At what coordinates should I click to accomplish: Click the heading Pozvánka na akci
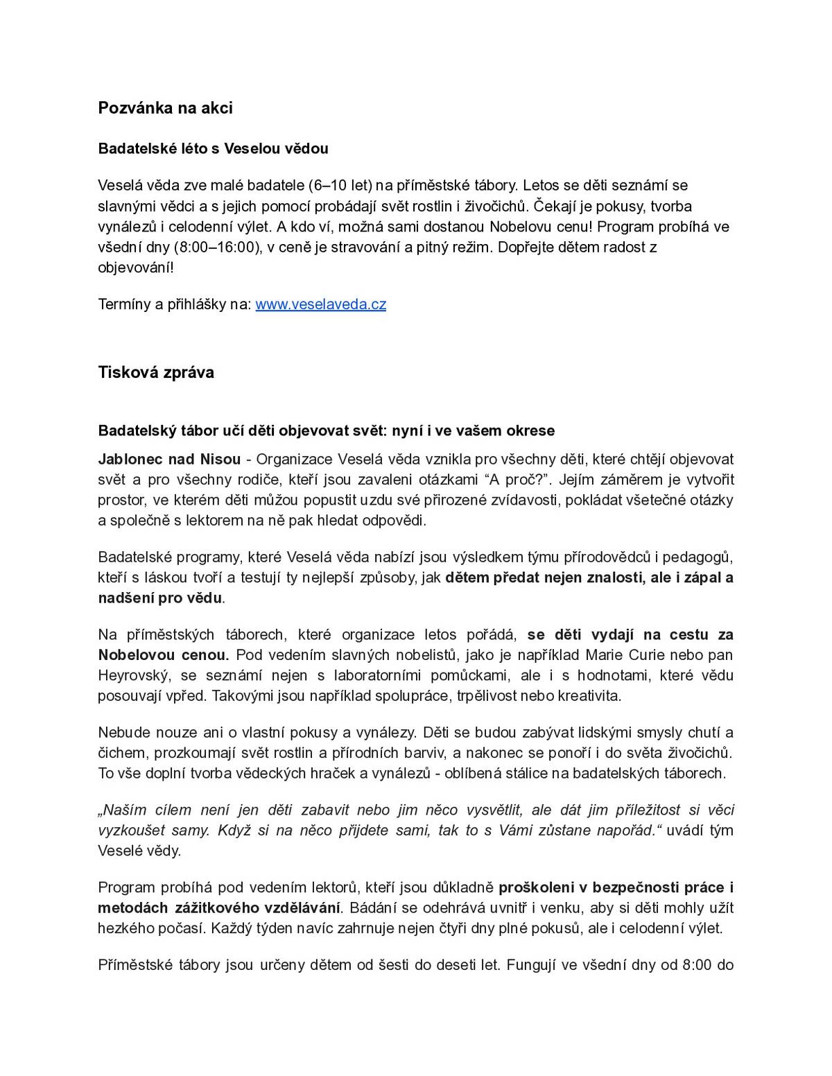coord(165,108)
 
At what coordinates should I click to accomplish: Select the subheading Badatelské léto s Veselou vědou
coord(213,148)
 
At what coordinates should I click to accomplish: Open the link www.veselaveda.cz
coord(320,304)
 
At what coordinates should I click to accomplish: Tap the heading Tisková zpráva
coord(156,372)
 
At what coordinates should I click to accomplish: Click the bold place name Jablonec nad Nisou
coord(169,459)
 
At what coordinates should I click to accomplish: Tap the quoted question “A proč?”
coord(514,480)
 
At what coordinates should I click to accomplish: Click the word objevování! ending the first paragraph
coord(136,268)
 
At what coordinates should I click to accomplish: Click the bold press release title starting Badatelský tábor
coord(326,431)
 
